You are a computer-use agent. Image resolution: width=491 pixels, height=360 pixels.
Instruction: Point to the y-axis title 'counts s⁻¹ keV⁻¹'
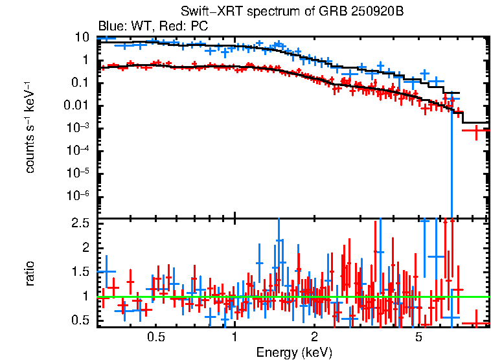click(x=30, y=127)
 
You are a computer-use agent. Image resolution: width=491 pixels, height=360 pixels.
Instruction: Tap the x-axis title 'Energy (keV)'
click(x=294, y=352)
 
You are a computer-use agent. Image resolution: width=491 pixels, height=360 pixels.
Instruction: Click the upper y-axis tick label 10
click(x=82, y=38)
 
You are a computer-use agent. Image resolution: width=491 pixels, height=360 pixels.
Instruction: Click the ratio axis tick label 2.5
click(x=80, y=223)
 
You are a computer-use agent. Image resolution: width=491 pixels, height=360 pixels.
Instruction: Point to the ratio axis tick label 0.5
click(x=80, y=321)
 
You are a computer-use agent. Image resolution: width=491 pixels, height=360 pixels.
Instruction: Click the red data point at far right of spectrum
click(x=476, y=131)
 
